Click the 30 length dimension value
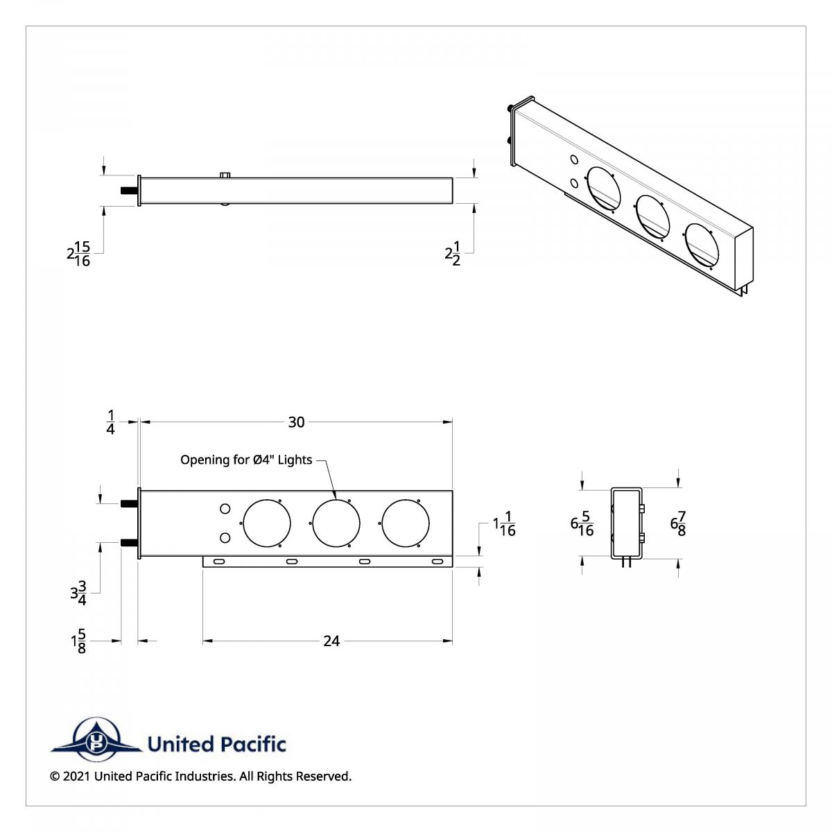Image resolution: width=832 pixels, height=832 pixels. pos(296,422)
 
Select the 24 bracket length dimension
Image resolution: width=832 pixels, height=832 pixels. pos(331,641)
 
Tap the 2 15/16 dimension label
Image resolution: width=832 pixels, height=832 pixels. pos(78,254)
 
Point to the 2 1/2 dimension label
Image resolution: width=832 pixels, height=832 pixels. pos(453,254)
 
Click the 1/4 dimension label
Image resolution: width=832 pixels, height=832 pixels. pos(110,422)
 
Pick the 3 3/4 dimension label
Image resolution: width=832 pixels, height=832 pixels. pos(78,594)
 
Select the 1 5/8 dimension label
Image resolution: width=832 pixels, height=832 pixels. pos(78,641)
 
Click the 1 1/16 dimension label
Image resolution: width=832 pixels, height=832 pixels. pos(504,524)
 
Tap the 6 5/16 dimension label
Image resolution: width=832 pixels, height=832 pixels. pos(582,524)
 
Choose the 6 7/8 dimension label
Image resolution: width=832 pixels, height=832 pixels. pos(678,523)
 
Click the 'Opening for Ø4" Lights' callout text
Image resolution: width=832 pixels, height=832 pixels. pos(246,460)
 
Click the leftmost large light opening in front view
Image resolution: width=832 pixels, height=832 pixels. pos(266,522)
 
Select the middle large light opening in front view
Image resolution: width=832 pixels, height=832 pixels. pos(336,522)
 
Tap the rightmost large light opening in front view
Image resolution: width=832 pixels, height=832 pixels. pos(406,522)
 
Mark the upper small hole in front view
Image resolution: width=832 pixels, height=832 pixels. pos(225,510)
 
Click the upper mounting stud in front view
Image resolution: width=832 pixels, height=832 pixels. pos(129,503)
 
